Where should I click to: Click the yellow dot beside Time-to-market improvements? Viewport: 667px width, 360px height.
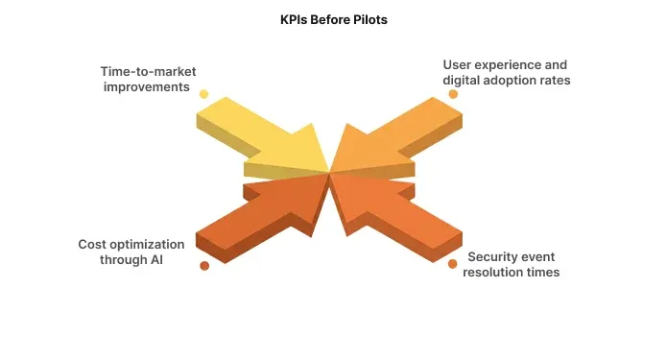pyautogui.click(x=203, y=94)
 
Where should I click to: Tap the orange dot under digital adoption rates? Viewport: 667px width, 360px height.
pyautogui.click(x=453, y=94)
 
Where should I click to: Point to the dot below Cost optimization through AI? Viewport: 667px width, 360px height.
pyautogui.click(x=203, y=265)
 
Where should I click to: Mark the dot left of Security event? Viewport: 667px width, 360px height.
pyautogui.click(x=453, y=264)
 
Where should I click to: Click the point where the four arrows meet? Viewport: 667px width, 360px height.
pyautogui.click(x=330, y=173)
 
